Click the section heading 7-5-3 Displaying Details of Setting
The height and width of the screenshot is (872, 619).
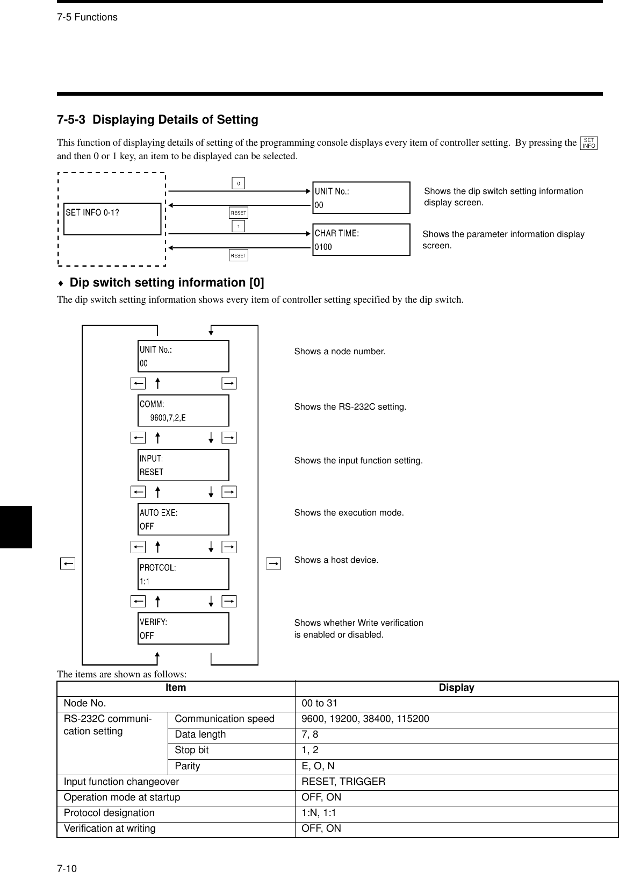tap(157, 120)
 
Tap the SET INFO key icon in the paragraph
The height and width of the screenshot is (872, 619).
tap(589, 143)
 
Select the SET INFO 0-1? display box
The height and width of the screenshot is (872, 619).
tap(112, 219)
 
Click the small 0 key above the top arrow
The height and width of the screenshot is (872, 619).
tap(239, 183)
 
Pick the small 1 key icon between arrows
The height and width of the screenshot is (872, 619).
tap(239, 226)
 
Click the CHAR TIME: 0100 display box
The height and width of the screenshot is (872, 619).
tap(361, 240)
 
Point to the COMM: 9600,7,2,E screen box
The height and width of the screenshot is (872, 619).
tap(183, 411)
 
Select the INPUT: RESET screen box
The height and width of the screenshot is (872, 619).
tap(183, 465)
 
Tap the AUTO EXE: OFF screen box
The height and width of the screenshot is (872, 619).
tap(183, 519)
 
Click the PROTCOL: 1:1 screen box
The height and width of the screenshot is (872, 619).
tap(183, 574)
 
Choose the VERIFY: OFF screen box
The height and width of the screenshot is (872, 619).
tap(183, 628)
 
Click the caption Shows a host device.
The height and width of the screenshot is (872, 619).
tap(336, 560)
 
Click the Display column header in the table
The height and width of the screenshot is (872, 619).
tap(456, 688)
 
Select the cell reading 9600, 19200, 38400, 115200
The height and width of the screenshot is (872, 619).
tap(365, 719)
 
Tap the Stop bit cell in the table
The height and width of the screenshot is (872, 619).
tap(192, 751)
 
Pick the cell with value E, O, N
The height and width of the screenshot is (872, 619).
tap(318, 766)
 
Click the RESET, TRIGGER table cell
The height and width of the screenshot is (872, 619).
tap(343, 782)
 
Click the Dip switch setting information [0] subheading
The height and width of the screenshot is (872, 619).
tap(167, 283)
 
